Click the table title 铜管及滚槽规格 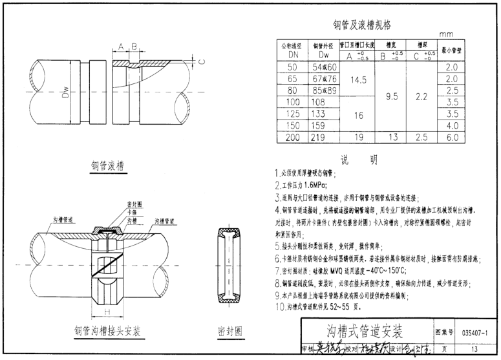361,26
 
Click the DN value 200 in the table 292,137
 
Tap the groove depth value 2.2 422,96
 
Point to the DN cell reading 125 292,114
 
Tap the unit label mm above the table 447,34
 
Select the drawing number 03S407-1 476,332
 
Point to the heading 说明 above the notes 359,160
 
